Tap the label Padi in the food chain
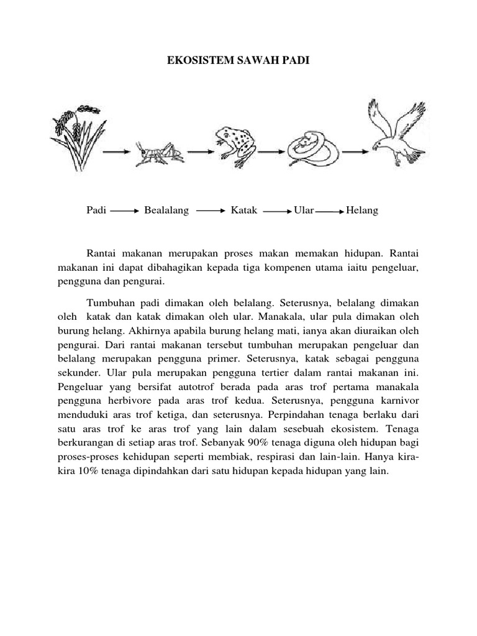point(97,211)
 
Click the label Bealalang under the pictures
point(166,211)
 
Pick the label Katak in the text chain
point(244,211)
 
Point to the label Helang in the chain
point(362,211)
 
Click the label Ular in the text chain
point(304,211)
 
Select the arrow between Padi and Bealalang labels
point(126,211)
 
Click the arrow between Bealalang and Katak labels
point(210,211)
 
